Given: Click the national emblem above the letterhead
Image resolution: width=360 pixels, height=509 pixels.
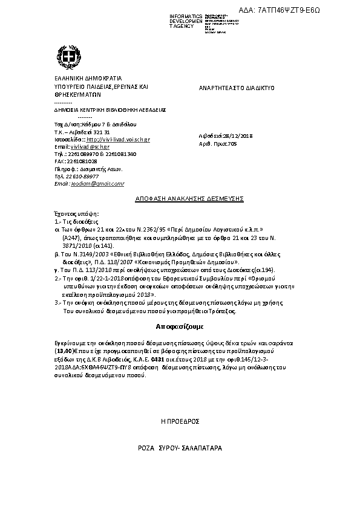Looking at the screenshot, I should coord(72,57).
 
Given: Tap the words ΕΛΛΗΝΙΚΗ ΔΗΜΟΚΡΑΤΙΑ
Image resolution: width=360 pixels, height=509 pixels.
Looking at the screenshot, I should coord(88,79).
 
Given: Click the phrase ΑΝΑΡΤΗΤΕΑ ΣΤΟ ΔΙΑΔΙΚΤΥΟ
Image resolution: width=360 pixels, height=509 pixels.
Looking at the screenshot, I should coord(237,88).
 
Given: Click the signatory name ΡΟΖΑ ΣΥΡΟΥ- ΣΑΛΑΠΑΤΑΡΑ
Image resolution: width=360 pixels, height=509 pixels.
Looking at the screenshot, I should coord(180,450).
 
